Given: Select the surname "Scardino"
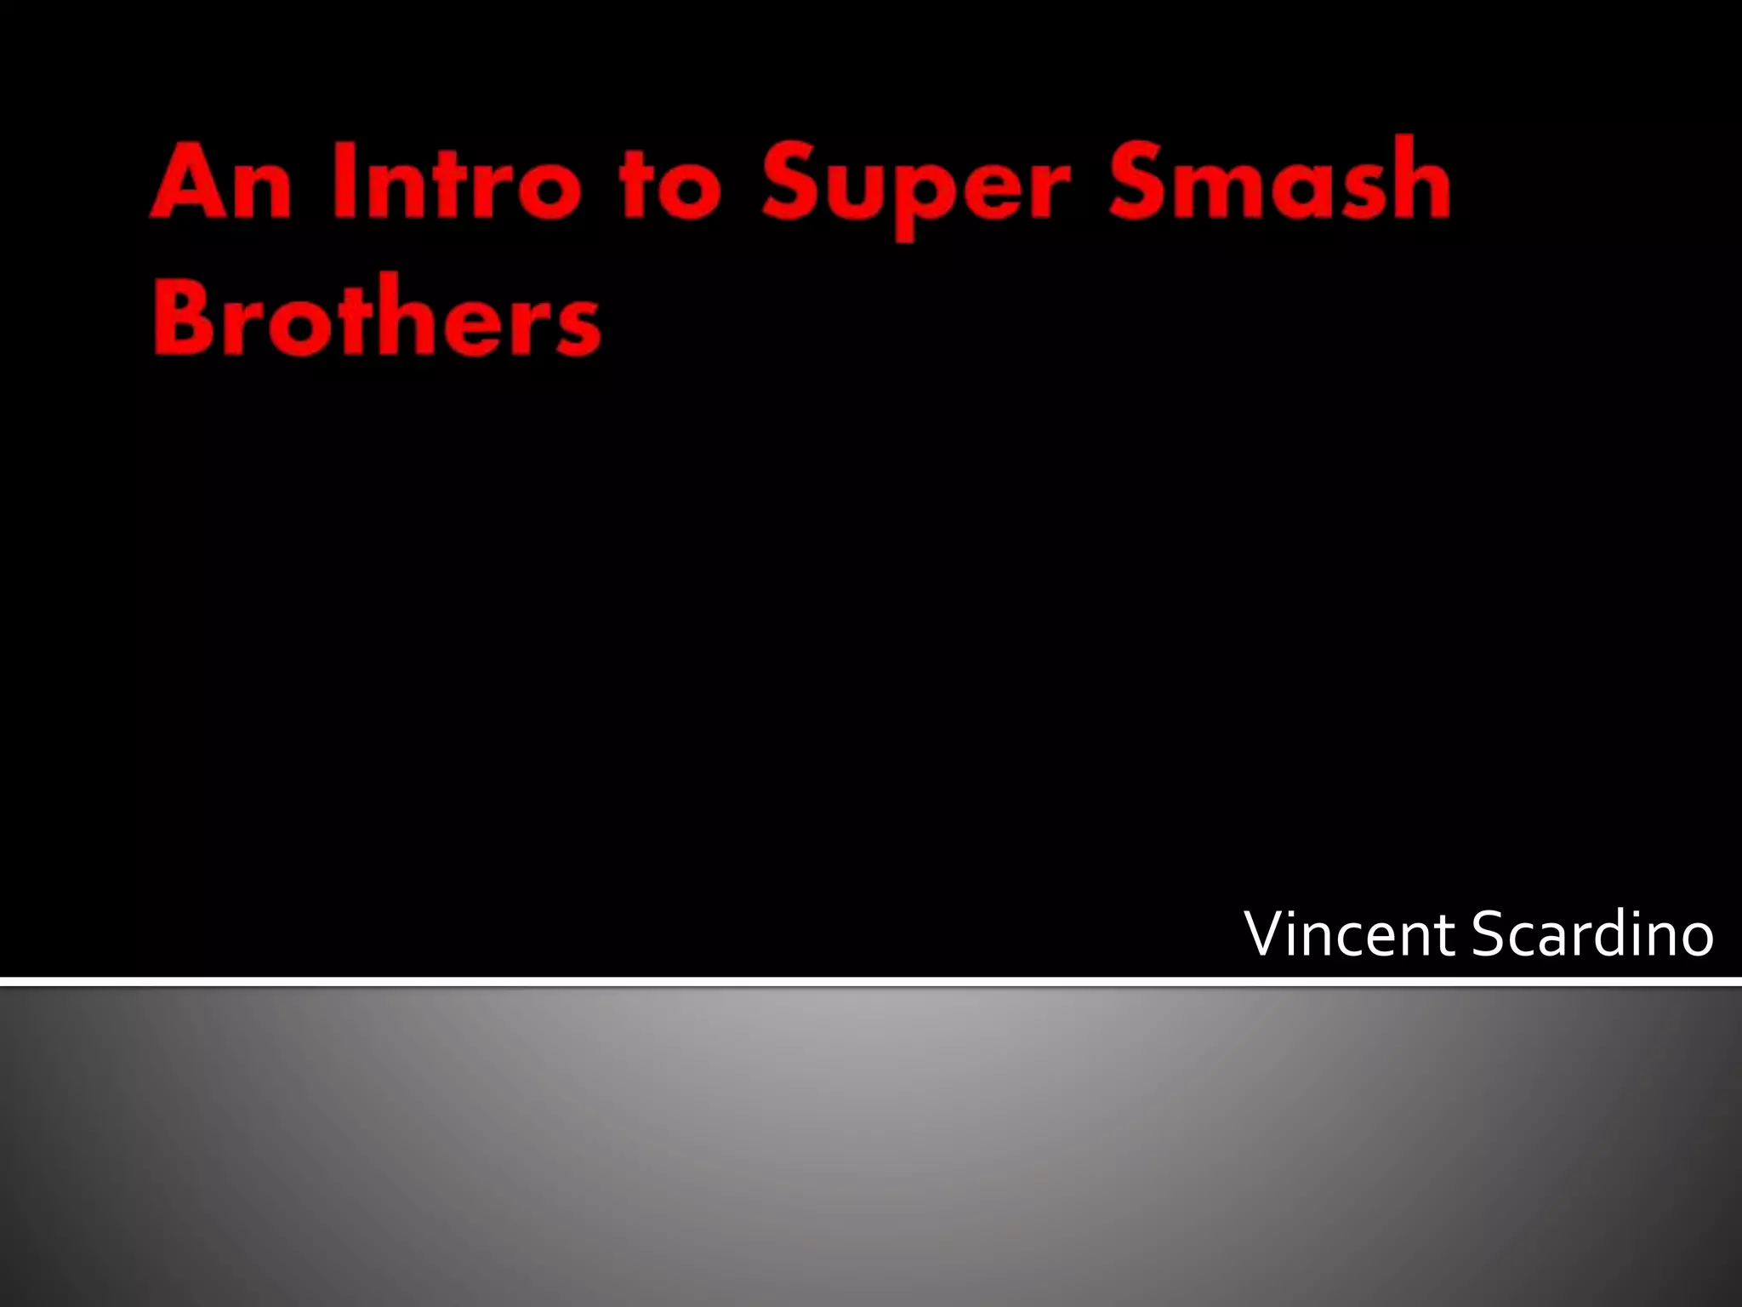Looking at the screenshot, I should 1591,934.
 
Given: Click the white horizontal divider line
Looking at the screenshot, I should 871,982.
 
